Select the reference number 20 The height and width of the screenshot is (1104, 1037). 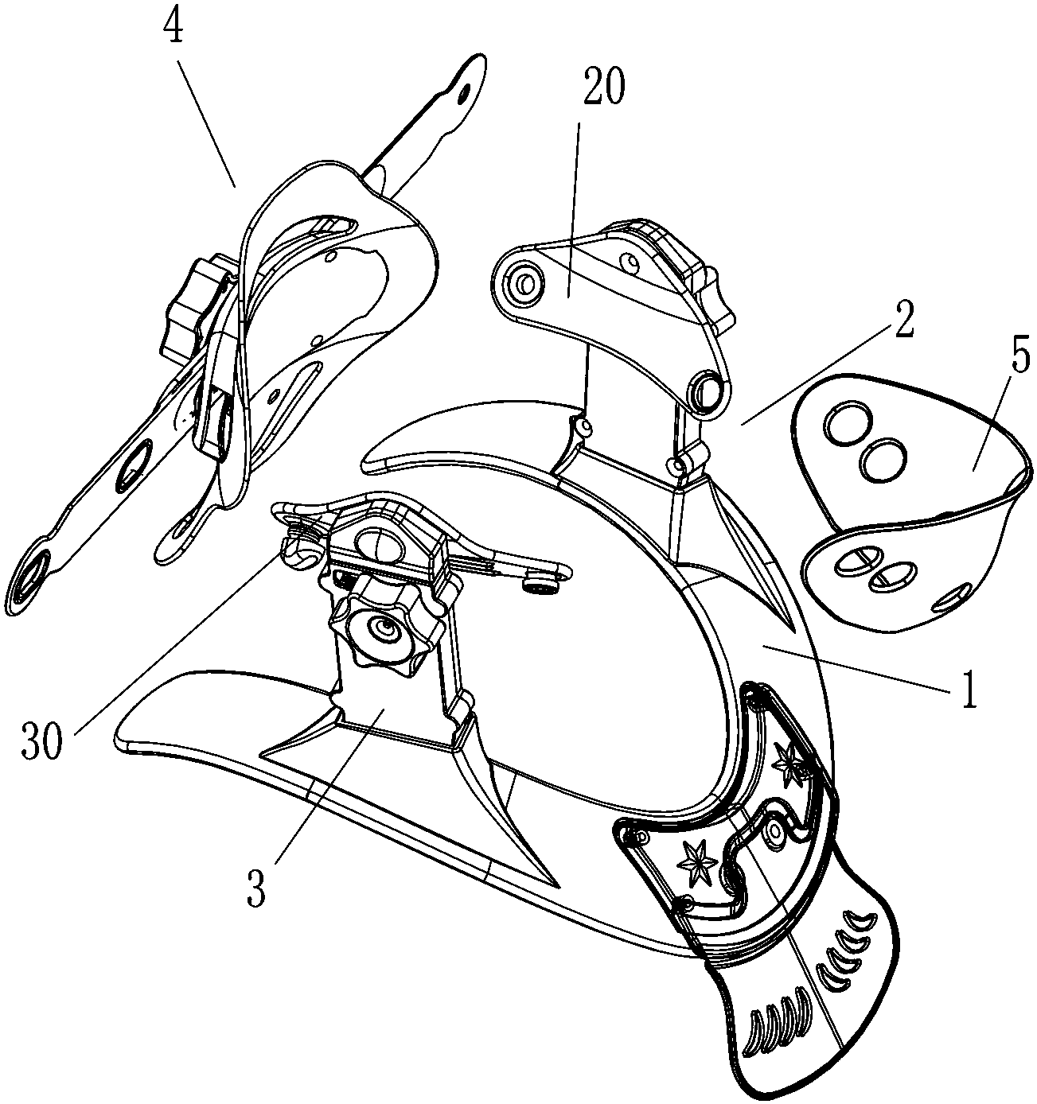point(604,88)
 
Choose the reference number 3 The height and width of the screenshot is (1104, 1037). point(255,891)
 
